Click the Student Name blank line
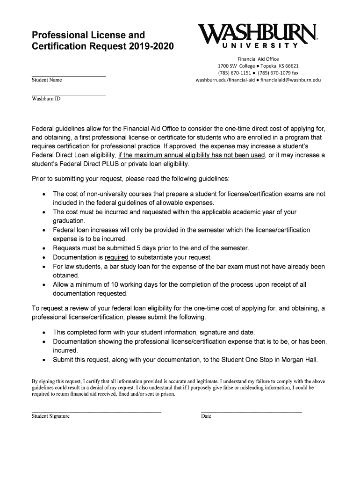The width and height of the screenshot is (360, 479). [69, 75]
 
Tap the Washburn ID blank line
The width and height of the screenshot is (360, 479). [69, 94]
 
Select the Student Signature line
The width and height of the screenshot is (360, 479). [96, 412]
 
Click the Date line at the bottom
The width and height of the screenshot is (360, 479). [251, 412]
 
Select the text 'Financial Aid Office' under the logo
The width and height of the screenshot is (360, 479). [258, 59]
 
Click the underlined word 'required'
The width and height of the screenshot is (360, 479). [116, 257]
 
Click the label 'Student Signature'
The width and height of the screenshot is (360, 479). [50, 416]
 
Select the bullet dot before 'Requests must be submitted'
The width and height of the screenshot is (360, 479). [43, 248]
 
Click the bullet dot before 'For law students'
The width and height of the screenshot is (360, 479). [43, 267]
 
